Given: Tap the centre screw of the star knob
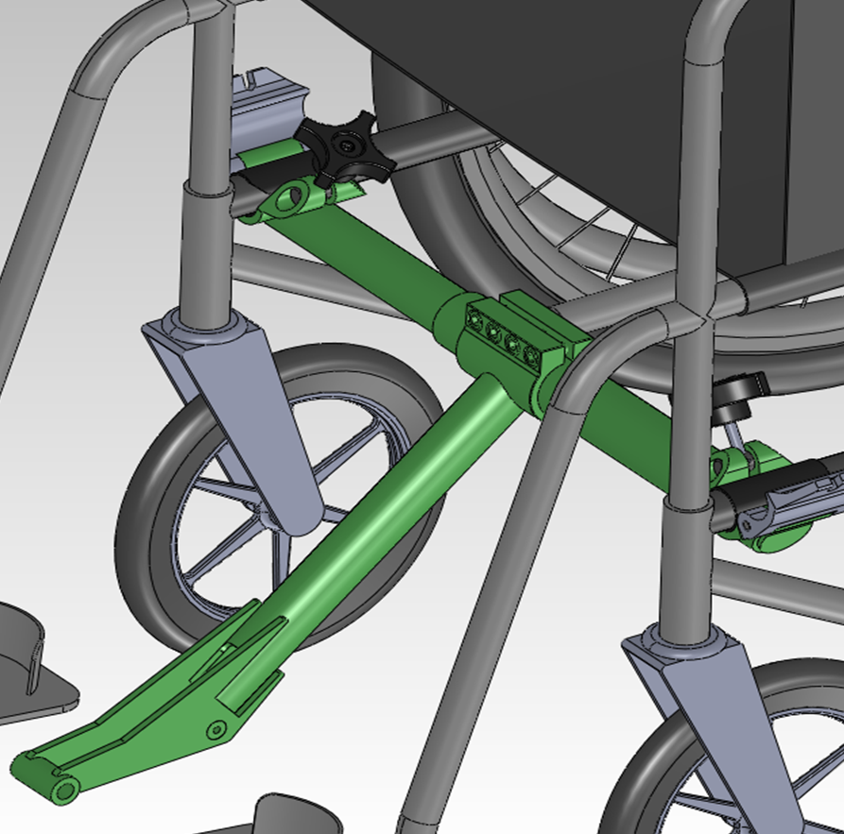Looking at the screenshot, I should (349, 147).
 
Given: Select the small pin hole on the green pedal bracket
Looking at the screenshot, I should (217, 729).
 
